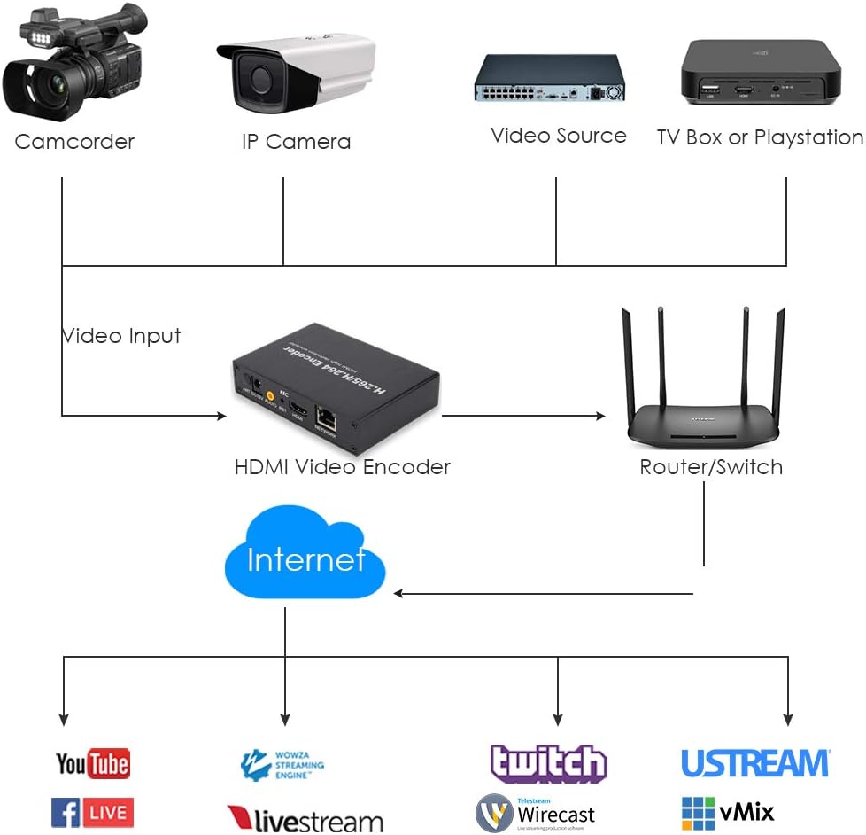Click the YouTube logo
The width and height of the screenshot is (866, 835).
point(92,763)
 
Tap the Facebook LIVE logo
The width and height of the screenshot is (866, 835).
point(92,812)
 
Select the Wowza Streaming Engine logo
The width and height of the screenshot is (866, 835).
point(282,764)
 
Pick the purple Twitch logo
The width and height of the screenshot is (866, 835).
point(548,763)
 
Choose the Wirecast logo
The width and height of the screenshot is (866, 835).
point(535,813)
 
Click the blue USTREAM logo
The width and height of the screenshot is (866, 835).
point(755,763)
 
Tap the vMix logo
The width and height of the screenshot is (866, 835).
point(728,812)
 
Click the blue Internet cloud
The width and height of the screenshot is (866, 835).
point(305,555)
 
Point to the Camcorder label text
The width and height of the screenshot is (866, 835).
point(74,142)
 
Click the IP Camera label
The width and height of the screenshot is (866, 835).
point(296,142)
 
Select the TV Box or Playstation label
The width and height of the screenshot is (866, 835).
point(760,137)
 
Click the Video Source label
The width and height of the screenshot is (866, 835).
point(558,136)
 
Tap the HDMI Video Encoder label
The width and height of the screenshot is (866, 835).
point(342,467)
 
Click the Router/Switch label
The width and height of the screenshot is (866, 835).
point(711,467)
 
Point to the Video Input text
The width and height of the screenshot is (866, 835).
point(121,336)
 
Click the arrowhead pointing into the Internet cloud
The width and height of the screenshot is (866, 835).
point(399,593)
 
